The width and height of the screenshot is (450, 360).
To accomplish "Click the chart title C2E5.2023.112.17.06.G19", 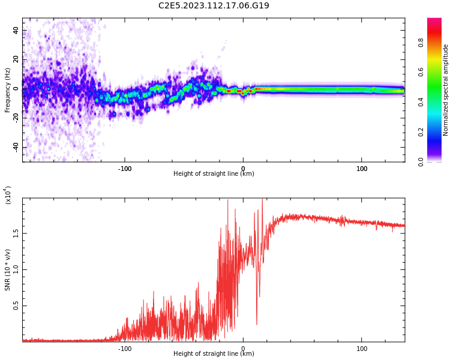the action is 214,5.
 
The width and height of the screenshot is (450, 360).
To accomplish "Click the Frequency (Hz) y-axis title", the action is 7,90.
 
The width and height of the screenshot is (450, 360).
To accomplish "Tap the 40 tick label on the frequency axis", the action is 16,30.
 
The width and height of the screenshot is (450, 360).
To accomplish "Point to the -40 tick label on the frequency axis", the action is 16,148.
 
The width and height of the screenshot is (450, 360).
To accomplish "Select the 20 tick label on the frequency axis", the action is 16,59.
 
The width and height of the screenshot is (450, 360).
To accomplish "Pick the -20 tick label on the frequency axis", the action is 16,118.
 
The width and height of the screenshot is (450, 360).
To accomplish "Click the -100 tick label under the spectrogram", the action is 125,169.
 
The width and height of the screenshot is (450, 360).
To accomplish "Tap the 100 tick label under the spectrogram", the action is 362,169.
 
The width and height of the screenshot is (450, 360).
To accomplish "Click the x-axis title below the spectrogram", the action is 214,173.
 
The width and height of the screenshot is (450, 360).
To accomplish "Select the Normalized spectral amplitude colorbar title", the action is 445,90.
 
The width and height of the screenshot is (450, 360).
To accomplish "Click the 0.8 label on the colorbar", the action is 421,43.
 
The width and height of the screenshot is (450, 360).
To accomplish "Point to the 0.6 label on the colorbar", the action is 421,73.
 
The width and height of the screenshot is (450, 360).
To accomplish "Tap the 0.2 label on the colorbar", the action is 421,133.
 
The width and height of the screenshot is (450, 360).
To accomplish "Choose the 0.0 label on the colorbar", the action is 421,162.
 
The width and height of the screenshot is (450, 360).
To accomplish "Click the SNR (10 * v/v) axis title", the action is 7,270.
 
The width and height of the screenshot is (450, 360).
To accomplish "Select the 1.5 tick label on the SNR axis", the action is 16,233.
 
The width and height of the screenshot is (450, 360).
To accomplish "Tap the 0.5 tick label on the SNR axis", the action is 16,306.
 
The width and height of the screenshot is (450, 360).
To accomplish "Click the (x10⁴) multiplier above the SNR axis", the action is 8,195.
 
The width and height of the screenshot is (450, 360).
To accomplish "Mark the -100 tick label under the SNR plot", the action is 125,349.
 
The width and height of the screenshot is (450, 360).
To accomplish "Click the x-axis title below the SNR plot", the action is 214,353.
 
